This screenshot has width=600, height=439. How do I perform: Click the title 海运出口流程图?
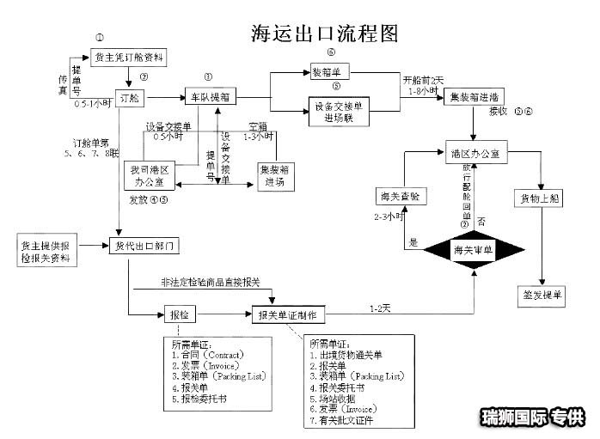tap(325, 33)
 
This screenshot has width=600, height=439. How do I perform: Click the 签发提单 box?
tap(543, 296)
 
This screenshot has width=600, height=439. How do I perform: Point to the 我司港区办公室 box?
tap(150, 175)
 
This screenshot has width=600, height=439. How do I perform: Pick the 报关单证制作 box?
tap(291, 316)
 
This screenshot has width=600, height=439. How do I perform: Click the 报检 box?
tap(176, 314)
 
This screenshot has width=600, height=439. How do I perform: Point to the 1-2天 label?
tap(380, 308)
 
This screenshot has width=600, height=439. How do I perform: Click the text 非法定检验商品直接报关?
tap(210, 282)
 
